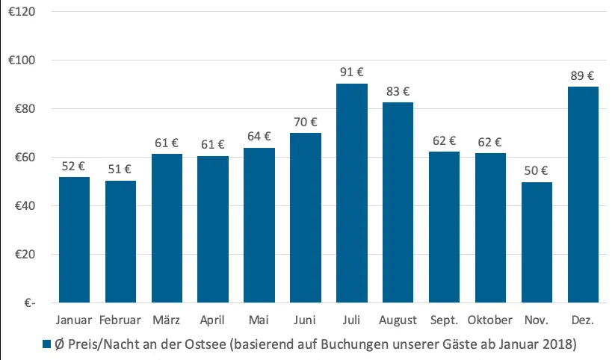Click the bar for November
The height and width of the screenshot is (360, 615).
click(537, 242)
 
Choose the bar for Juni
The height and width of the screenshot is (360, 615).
click(306, 217)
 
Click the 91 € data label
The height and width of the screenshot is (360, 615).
click(352, 72)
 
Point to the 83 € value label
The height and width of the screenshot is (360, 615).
click(398, 92)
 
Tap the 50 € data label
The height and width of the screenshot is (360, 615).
click(537, 171)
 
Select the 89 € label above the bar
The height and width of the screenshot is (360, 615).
click(583, 75)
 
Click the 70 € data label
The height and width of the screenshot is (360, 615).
click(306, 122)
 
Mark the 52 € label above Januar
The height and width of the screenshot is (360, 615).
click(75, 166)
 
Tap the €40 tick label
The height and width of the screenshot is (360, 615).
click(26, 206)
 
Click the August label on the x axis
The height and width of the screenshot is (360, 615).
click(398, 320)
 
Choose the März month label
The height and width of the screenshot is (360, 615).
click(167, 320)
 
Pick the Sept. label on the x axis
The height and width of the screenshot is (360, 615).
click(445, 320)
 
